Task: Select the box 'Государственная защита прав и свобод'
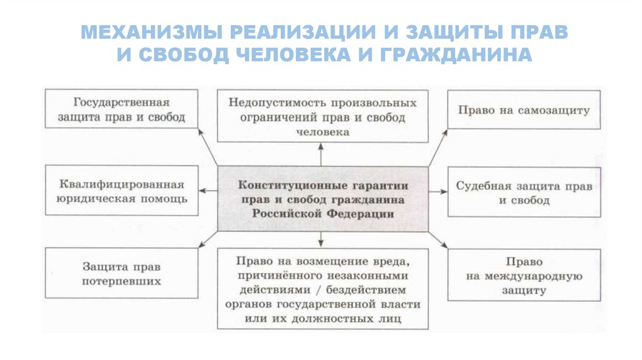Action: pyautogui.click(x=122, y=109)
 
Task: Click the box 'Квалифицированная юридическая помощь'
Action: pyautogui.click(x=122, y=192)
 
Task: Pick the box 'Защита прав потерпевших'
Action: pyautogui.click(x=122, y=273)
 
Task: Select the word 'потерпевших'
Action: pyautogui.click(x=122, y=281)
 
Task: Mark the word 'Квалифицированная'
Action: pyautogui.click(x=122, y=185)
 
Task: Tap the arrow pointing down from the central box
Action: pyautogui.click(x=321, y=238)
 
